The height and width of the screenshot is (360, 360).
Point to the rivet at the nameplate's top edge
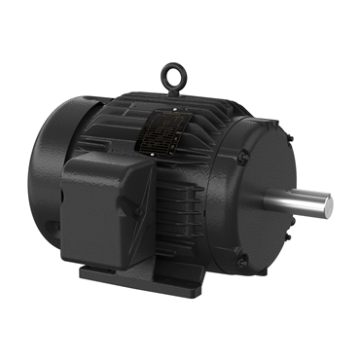tap(174, 112)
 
